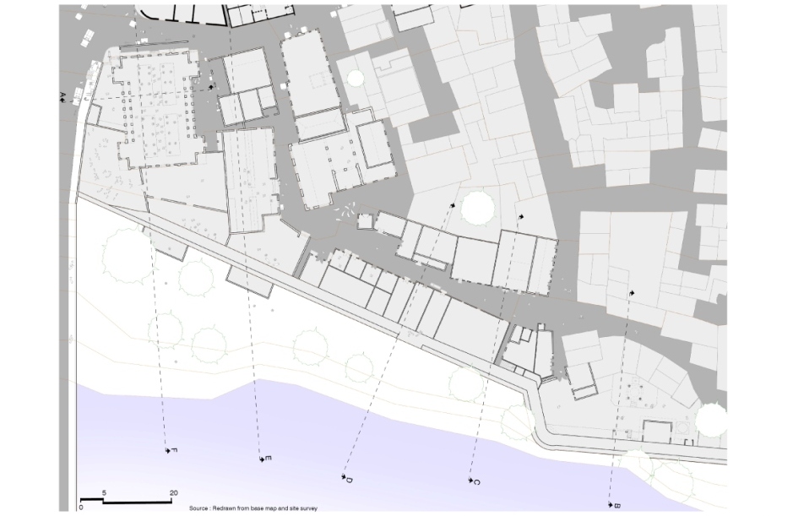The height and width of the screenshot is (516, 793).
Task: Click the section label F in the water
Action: [175, 451]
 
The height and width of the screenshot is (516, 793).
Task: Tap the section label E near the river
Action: [269, 459]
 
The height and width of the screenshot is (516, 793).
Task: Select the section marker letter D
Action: [348, 480]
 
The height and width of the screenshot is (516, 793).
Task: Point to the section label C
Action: [477, 482]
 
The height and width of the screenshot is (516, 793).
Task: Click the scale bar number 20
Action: [174, 492]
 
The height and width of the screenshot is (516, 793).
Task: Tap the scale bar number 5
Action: [103, 492]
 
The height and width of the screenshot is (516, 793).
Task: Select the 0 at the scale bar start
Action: [81, 508]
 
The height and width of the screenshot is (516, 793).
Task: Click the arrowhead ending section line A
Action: [210, 86]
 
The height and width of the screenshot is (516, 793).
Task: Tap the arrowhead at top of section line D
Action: [453, 204]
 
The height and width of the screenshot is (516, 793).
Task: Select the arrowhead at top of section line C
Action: [521, 217]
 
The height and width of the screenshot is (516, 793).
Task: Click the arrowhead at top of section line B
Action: [631, 293]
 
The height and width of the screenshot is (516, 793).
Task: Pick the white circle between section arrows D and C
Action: [477, 206]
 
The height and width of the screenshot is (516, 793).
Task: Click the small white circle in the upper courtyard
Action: [356, 78]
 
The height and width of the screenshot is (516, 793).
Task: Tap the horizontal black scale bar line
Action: [127, 501]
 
